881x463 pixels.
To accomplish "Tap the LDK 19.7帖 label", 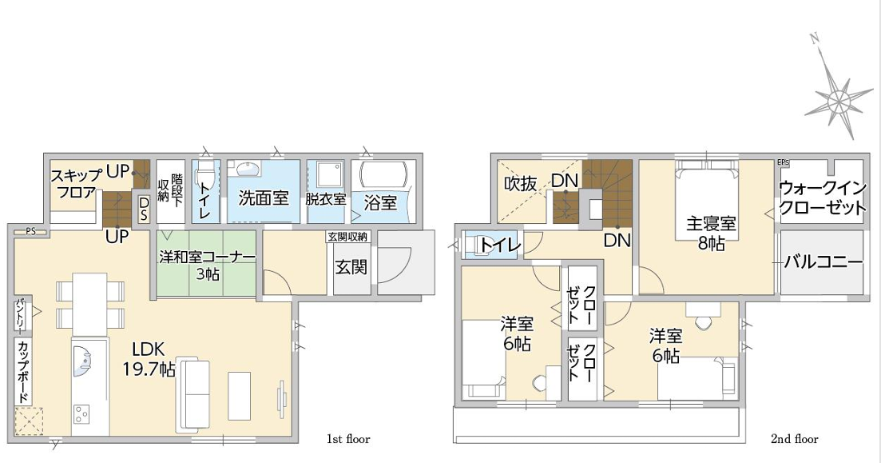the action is tap(149, 360).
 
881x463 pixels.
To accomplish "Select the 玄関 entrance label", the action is tap(351, 266).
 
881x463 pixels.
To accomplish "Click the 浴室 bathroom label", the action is tap(380, 202).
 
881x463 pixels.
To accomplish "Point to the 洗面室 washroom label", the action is tap(264, 198).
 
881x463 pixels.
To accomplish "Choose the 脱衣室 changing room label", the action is tap(326, 199).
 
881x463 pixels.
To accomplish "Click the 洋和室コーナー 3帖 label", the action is tap(207, 265).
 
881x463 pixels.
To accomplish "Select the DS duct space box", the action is tap(143, 208).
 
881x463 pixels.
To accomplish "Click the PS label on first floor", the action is tap(30, 230).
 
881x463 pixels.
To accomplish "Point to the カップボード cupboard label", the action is tap(24, 372).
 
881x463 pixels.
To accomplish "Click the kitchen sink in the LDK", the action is tap(82, 361).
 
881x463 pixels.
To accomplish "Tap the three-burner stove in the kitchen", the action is tap(82, 413).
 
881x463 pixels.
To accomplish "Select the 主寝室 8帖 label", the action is tap(711, 233).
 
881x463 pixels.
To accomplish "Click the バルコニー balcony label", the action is tap(823, 262).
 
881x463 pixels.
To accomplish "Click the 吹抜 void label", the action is tap(520, 183).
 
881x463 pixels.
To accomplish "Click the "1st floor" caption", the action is tap(348, 438).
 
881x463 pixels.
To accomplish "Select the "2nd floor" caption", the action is tap(795, 438).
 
